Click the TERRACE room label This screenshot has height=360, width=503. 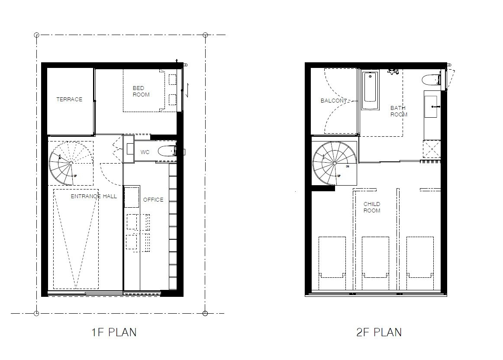(x=69, y=100)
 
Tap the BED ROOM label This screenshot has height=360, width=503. (x=141, y=91)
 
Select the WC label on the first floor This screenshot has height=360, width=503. (x=145, y=152)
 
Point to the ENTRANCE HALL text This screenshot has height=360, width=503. (x=94, y=196)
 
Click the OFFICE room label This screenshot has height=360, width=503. (x=153, y=199)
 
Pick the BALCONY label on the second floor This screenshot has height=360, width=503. (x=334, y=101)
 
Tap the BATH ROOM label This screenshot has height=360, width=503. (x=399, y=111)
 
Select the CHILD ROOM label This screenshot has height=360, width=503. (x=372, y=207)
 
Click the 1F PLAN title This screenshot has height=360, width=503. (x=114, y=332)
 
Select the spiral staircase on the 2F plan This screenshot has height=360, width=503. (x=334, y=163)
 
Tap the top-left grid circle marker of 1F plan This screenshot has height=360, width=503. (x=37, y=35)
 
